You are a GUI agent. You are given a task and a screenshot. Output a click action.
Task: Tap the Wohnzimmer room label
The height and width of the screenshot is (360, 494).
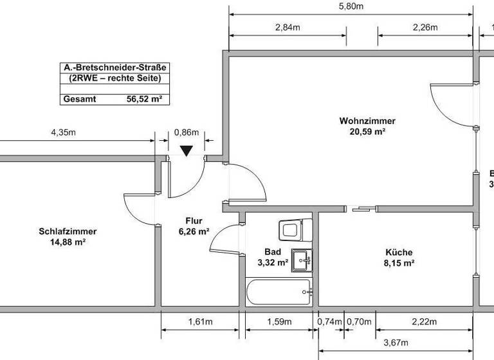tap(367, 121)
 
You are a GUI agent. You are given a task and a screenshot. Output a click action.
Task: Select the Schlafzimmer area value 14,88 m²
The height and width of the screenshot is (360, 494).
tap(62, 242)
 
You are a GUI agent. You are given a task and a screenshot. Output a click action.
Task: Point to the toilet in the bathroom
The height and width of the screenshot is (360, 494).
tap(294, 230)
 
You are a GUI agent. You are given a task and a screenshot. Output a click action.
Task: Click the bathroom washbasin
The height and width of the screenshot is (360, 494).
tap(301, 260)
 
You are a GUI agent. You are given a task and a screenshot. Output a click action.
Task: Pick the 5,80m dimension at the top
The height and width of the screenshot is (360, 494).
tap(351, 6)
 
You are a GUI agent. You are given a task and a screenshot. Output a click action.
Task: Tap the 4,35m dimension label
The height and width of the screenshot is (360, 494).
tap(63, 133)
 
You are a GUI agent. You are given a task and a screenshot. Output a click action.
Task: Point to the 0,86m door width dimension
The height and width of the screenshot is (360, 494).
tap(186, 133)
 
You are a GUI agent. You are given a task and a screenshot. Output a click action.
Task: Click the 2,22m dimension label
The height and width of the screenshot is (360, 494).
tap(424, 321)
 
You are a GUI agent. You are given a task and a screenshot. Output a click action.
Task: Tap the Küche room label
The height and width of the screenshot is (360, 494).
tap(399, 253)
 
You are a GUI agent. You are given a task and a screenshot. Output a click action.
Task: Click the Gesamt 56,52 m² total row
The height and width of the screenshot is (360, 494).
tap(111, 99)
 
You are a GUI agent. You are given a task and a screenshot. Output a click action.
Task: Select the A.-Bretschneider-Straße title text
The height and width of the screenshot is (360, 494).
tap(111, 67)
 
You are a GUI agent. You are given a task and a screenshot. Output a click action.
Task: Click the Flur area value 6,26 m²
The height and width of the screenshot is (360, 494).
tap(194, 231)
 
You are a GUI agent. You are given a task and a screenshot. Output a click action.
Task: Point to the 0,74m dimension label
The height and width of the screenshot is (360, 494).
tap(329, 321)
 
